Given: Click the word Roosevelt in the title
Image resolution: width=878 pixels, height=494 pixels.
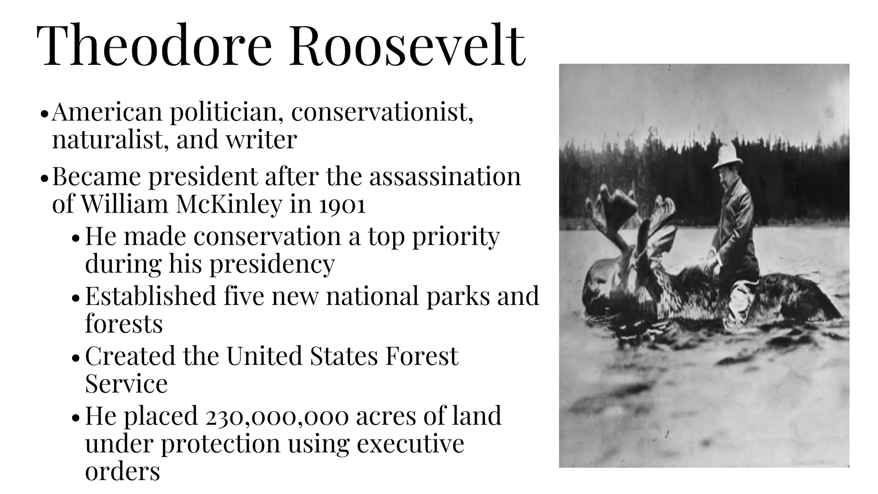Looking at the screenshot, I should coord(407,46).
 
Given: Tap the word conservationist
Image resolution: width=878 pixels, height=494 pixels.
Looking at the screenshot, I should coord(382,112).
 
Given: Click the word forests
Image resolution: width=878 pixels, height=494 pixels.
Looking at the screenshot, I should coord(124,324).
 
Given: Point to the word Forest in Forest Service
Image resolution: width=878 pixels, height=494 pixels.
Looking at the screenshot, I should coord(421,356).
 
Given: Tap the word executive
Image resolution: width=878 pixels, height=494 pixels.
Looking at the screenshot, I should coord(410,444).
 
